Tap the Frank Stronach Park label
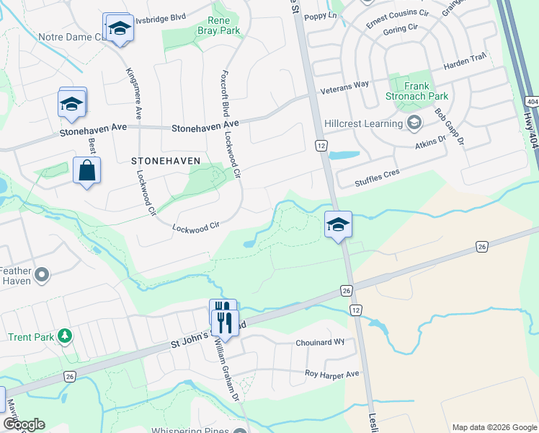tap(427, 91)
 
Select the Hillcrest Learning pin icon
tap(414, 123)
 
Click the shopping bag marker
tap(86, 171)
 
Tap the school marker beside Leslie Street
tap(338, 224)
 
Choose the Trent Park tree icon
tap(65, 336)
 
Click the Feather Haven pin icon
tap(42, 274)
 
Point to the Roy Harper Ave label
tap(331, 375)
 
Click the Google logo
tap(24, 424)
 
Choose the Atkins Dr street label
tap(431, 142)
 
